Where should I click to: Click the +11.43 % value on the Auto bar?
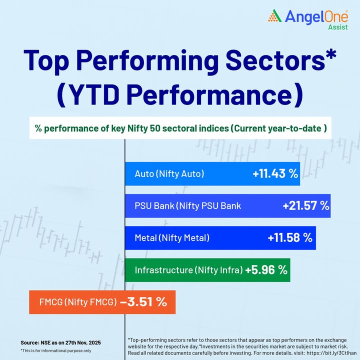(275, 174)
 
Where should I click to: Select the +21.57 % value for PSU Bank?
(305, 205)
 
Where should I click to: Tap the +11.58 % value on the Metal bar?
(290, 237)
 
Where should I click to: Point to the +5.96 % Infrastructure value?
(266, 270)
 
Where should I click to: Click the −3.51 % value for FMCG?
(143, 302)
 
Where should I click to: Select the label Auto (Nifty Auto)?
(169, 174)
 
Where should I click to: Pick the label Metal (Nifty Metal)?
(172, 237)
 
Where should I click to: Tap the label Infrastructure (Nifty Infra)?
(188, 270)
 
